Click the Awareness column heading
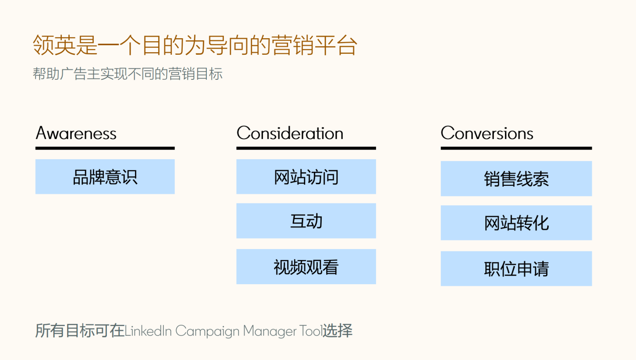pyautogui.click(x=76, y=133)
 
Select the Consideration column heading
pyautogui.click(x=290, y=133)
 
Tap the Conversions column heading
pyautogui.click(x=487, y=133)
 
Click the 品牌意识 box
pyautogui.click(x=105, y=177)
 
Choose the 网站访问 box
pyautogui.click(x=306, y=177)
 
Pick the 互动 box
pyautogui.click(x=306, y=221)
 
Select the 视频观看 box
pyautogui.click(x=306, y=267)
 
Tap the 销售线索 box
pyautogui.click(x=516, y=179)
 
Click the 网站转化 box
pyautogui.click(x=516, y=223)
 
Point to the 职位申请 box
pyautogui.click(x=516, y=269)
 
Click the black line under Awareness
pyautogui.click(x=105, y=148)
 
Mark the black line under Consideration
pyautogui.click(x=306, y=148)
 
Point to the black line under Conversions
pyautogui.click(x=516, y=148)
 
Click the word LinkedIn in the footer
pyautogui.click(x=148, y=331)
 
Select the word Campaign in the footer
pyautogui.click(x=207, y=331)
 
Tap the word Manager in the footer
pyautogui.click(x=270, y=331)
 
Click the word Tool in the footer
pyautogui.click(x=310, y=331)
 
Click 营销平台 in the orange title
pyautogui.click(x=314, y=45)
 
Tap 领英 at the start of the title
pyautogui.click(x=54, y=45)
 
